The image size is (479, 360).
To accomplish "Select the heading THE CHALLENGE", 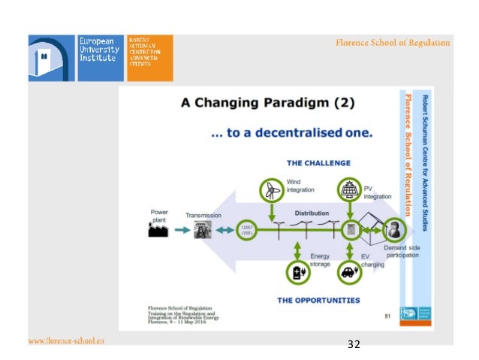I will [x=318, y=162].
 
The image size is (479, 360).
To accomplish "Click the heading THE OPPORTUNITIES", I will [x=318, y=301].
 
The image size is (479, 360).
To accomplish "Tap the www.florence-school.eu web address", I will [x=66, y=341].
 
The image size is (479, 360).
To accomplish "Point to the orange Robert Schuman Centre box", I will [x=150, y=56].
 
